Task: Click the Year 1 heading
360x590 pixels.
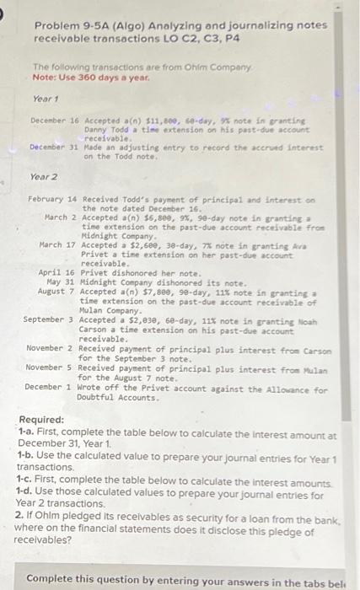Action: coord(43,99)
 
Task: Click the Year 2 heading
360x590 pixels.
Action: coord(43,178)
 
